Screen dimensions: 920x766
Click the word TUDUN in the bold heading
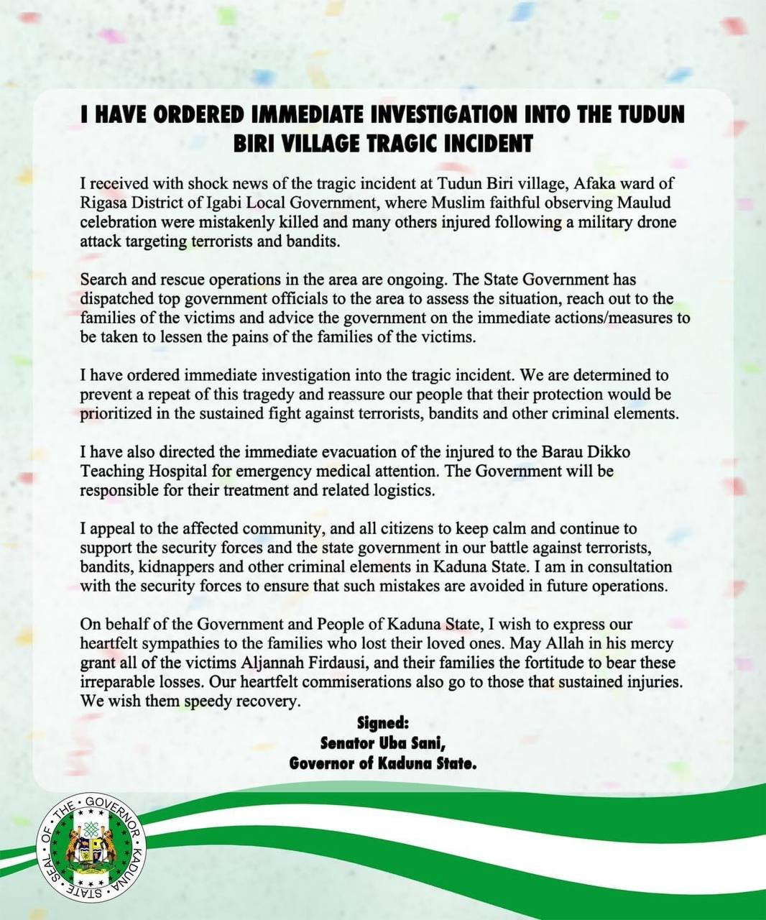[x=649, y=115]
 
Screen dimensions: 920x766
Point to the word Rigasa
[x=103, y=203]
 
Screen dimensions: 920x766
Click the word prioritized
[x=120, y=413]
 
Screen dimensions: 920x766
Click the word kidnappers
[x=172, y=566]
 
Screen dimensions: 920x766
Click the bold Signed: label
[x=382, y=722]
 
